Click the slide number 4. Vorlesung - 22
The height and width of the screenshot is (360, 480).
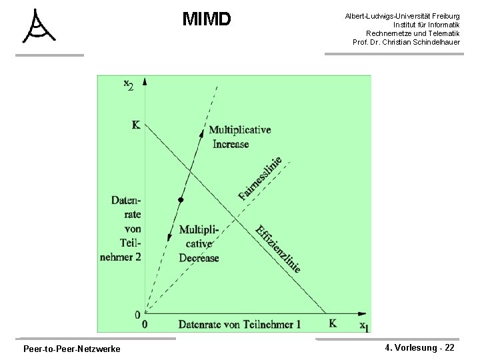pyautogui.click(x=420, y=348)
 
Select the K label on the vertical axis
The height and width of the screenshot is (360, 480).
pyautogui.click(x=136, y=125)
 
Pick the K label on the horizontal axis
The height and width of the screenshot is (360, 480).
pyautogui.click(x=333, y=323)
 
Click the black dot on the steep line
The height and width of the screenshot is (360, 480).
pyautogui.click(x=180, y=200)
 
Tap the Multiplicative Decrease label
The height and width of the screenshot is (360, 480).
pyautogui.click(x=199, y=244)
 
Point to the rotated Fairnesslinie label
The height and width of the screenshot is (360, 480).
pyautogui.click(x=261, y=177)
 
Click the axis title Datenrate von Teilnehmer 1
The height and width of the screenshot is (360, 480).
pyautogui.click(x=239, y=324)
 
